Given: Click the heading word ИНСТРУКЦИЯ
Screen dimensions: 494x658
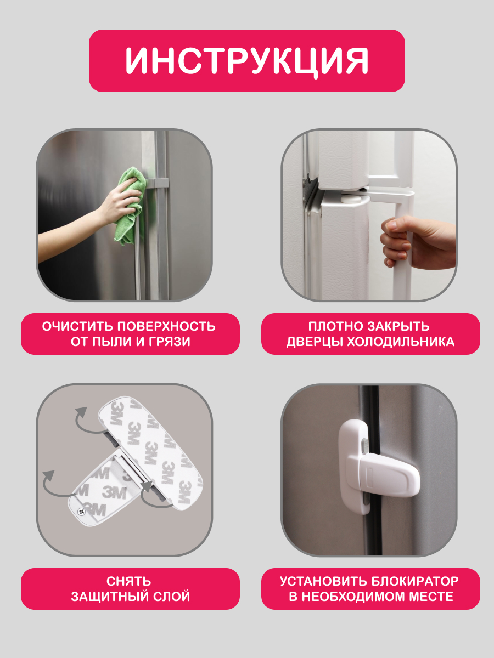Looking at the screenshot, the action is (246, 61).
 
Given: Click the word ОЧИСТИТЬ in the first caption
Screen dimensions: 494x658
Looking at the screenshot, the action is (77, 326).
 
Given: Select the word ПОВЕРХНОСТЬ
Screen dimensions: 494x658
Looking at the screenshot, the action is (166, 326).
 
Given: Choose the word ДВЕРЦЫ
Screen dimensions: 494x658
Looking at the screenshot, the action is (315, 342).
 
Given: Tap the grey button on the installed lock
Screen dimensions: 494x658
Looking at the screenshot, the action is (364, 445).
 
